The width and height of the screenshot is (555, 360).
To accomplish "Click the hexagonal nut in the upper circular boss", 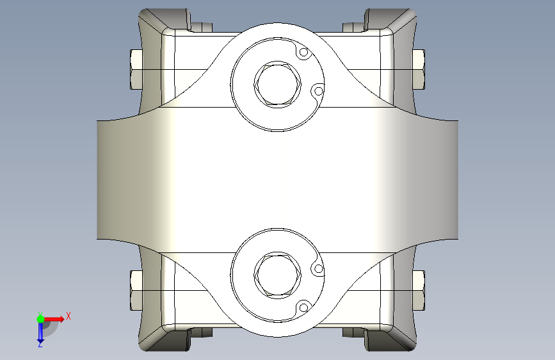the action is point(278,85).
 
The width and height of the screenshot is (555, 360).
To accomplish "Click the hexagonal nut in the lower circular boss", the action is point(278,275).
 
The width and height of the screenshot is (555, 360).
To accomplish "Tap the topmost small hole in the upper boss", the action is point(303,53).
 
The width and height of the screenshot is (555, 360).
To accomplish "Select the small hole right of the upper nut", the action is point(319,92).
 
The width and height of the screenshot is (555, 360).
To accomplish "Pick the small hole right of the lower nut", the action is point(319,269).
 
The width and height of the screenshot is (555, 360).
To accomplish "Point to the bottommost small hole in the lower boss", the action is point(303,307).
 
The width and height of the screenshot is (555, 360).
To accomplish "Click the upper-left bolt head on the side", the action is point(136,69).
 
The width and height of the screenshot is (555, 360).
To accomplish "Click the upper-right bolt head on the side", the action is point(419,69).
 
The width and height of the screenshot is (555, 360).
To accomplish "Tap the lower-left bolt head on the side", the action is point(136,291).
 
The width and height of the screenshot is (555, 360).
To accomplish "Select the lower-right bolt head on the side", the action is point(419,291).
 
